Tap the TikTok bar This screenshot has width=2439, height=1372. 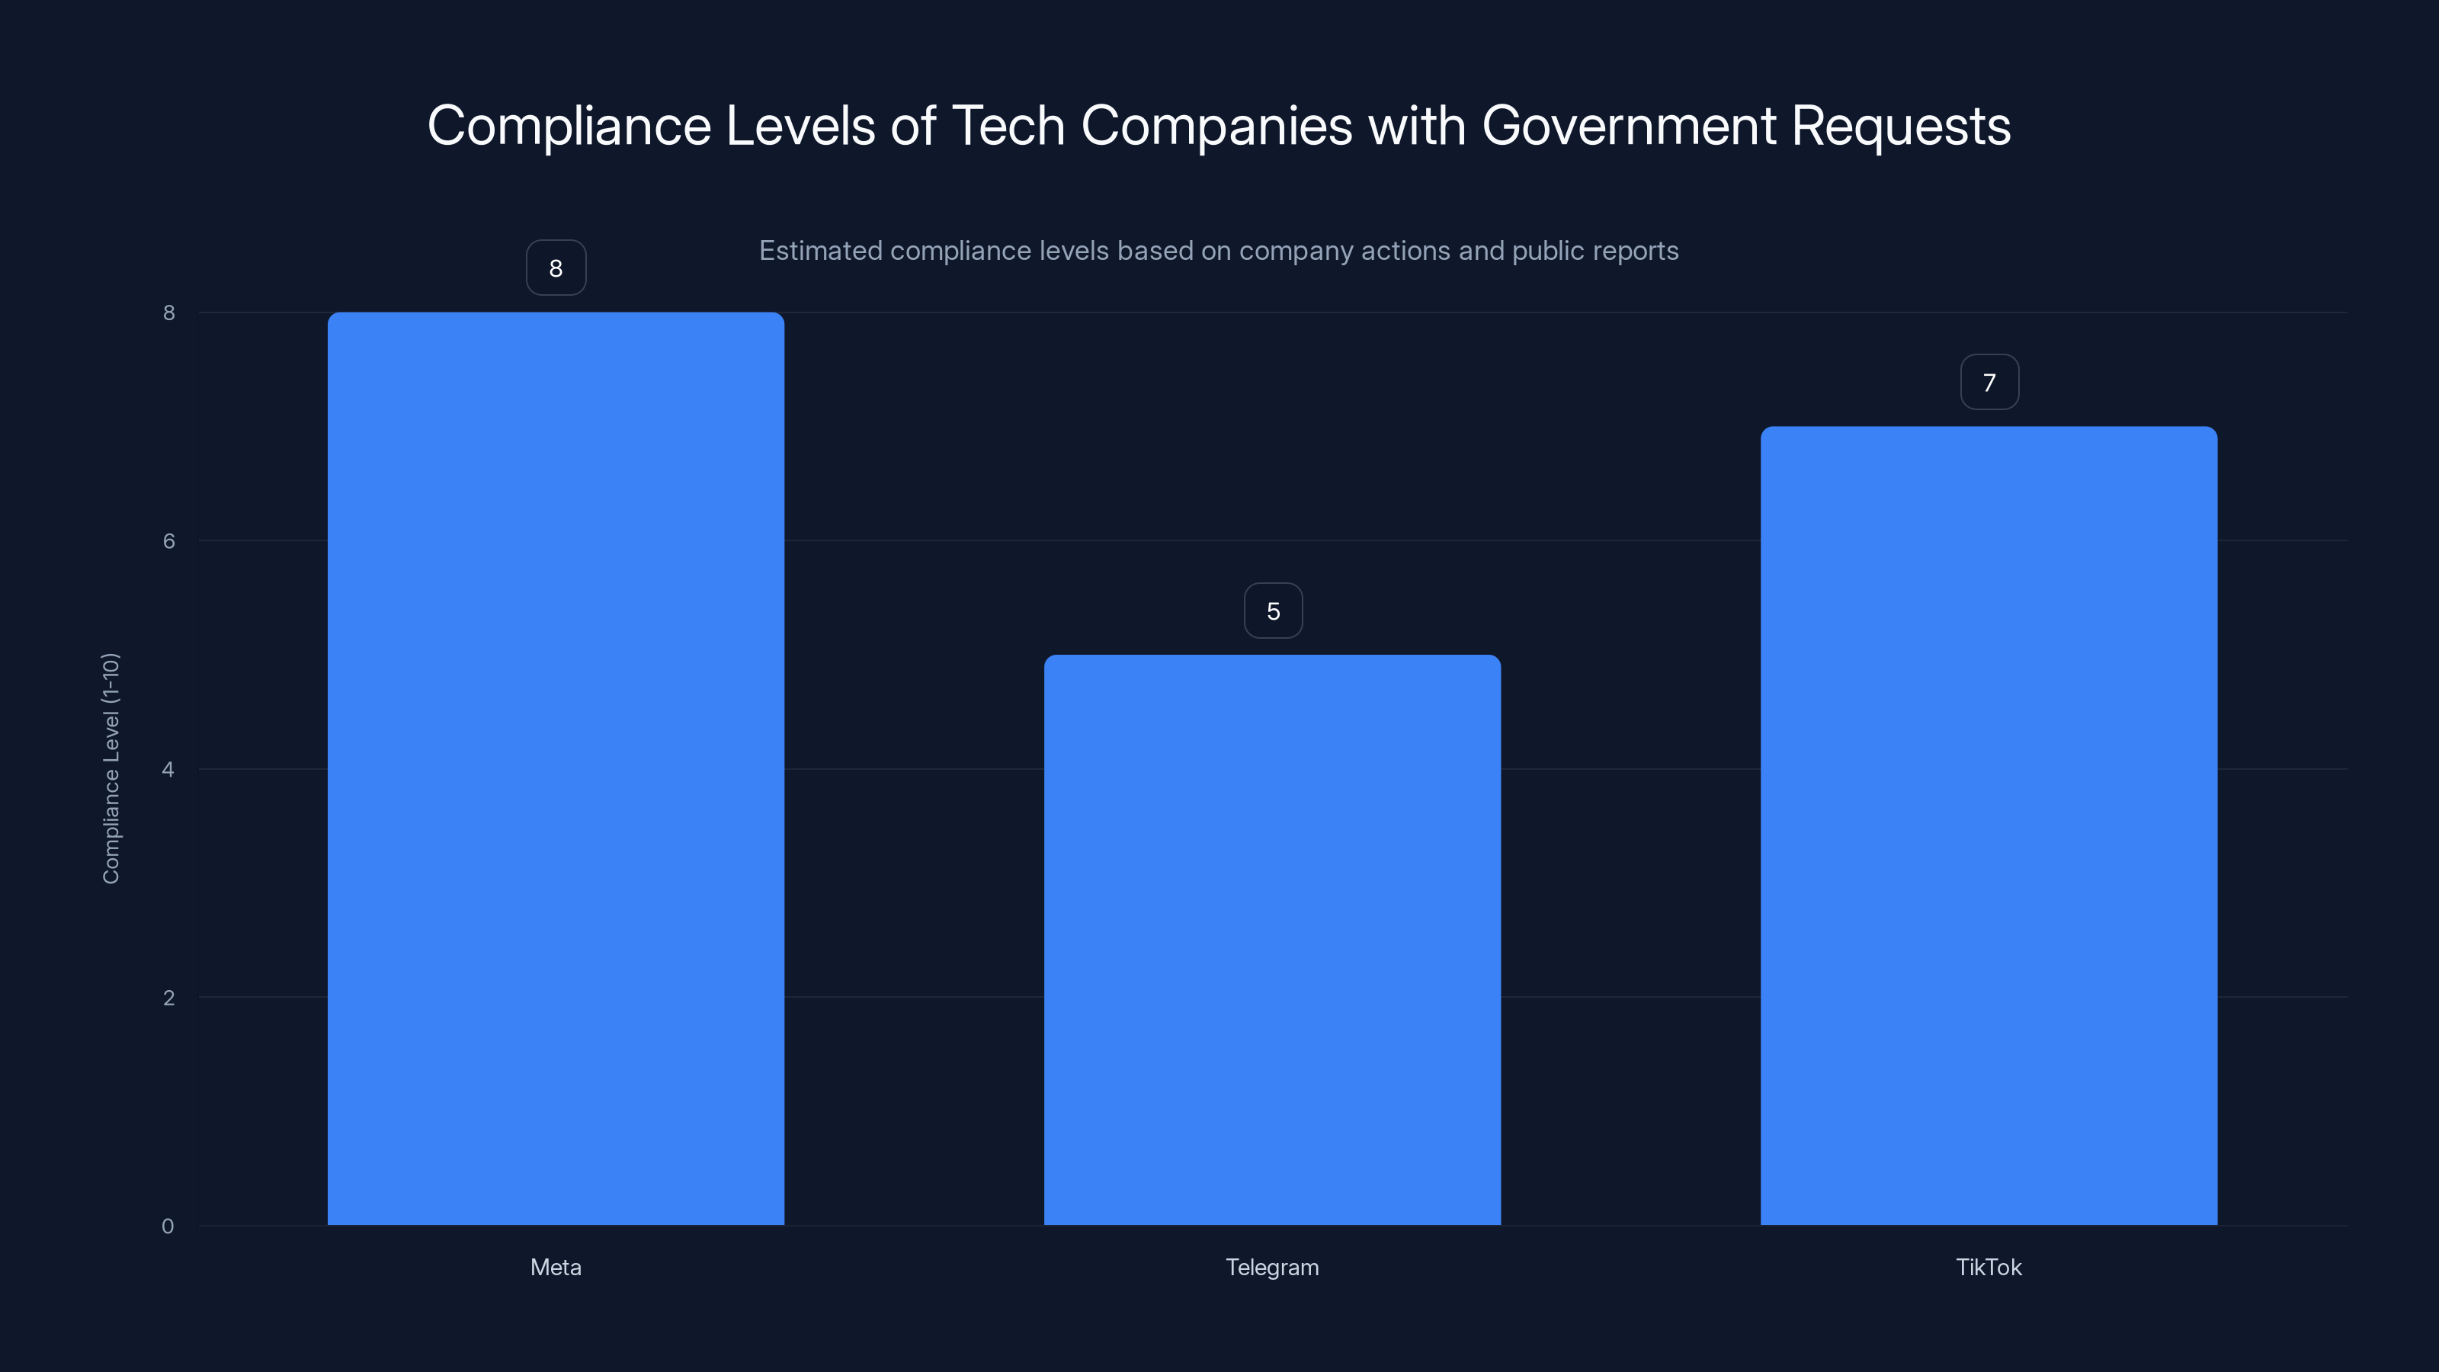[1989, 825]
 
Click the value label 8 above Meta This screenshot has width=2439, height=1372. [556, 268]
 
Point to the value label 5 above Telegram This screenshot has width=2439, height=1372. [1273, 611]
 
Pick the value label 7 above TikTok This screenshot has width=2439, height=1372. [1989, 383]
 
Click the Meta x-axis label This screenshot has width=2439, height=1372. [556, 1267]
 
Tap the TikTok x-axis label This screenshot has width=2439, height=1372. [1989, 1267]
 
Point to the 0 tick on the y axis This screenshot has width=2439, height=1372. [168, 1226]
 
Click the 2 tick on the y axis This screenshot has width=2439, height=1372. [168, 997]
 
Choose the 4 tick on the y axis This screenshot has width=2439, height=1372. [168, 769]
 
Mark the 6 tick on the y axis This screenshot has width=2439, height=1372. [168, 540]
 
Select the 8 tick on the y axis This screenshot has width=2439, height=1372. [168, 313]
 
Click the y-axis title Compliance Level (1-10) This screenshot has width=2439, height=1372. [111, 768]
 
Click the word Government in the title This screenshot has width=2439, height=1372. [1629, 126]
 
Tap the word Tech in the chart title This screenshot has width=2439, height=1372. [1008, 126]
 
